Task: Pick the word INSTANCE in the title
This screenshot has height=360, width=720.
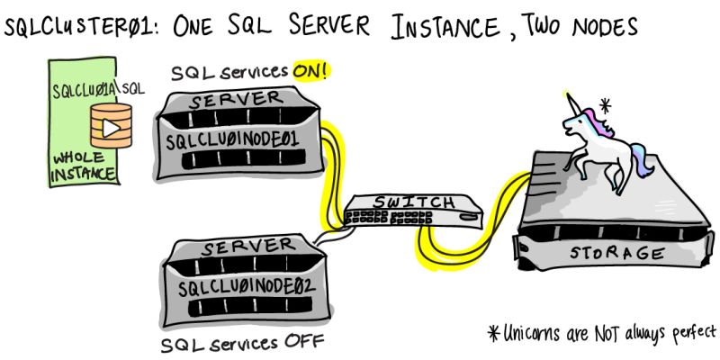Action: point(446,26)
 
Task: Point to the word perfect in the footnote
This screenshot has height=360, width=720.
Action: point(688,330)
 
